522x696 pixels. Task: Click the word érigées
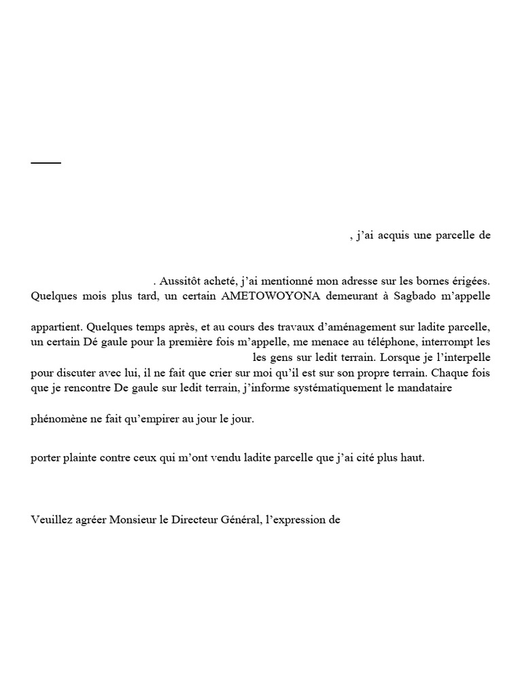[x=468, y=280]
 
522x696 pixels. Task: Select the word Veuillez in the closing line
[x=51, y=521]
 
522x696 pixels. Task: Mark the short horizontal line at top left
[x=46, y=163]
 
